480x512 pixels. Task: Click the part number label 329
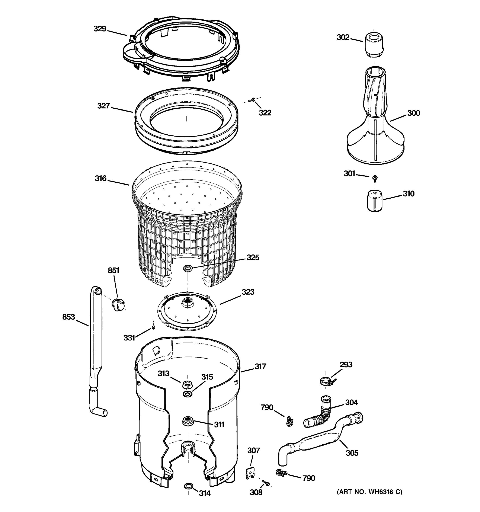pyautogui.click(x=100, y=29)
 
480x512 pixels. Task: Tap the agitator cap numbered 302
pyautogui.click(x=373, y=42)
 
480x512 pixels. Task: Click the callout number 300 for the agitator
pyautogui.click(x=414, y=113)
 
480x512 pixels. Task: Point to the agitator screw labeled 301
pyautogui.click(x=375, y=177)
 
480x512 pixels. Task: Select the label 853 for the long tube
pyautogui.click(x=68, y=317)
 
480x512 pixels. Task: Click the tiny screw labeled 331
pyautogui.click(x=153, y=326)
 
